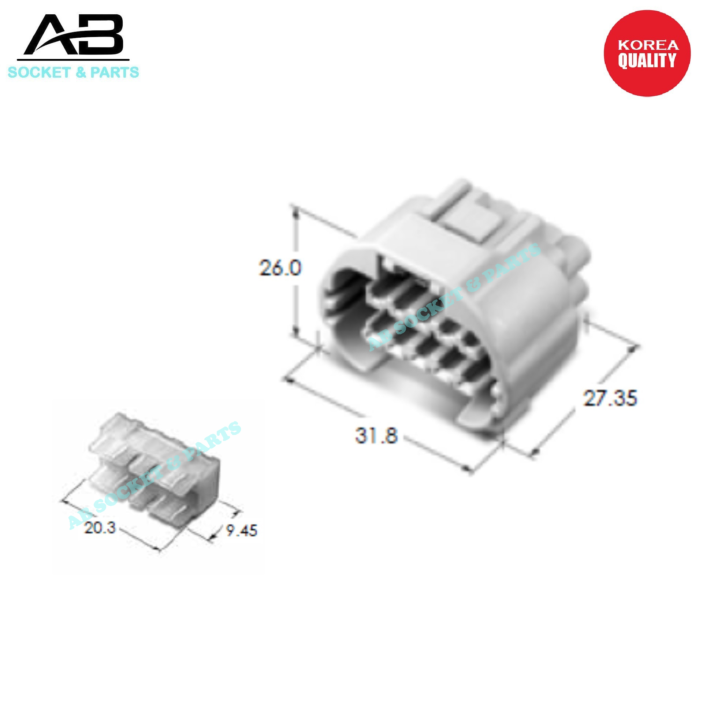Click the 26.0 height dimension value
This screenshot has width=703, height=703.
point(280,268)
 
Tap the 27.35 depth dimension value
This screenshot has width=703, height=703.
point(610,398)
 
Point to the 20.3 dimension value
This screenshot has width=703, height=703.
point(100,528)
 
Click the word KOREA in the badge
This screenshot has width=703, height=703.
point(648,45)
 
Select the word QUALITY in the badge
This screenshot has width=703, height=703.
point(647,61)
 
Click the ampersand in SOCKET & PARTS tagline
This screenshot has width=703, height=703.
point(80,72)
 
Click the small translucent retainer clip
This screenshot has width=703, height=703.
point(154,465)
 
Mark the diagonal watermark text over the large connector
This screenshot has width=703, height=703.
point(454,297)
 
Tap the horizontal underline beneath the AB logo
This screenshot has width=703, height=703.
point(73,60)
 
